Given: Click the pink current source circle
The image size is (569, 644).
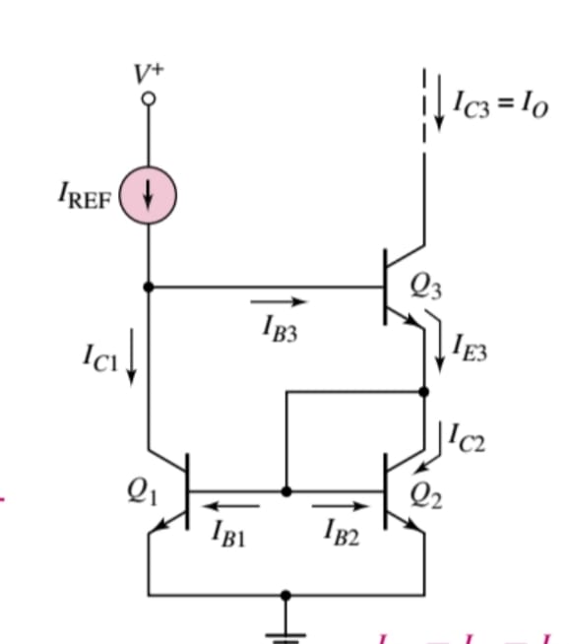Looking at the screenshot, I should click(148, 194).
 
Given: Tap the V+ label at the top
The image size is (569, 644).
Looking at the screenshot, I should click(147, 72).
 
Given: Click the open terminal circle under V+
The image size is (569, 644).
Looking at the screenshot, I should click(148, 99).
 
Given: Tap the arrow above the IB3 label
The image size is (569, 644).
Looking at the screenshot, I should click(281, 302).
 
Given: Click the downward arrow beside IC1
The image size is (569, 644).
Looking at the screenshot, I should click(132, 360).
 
